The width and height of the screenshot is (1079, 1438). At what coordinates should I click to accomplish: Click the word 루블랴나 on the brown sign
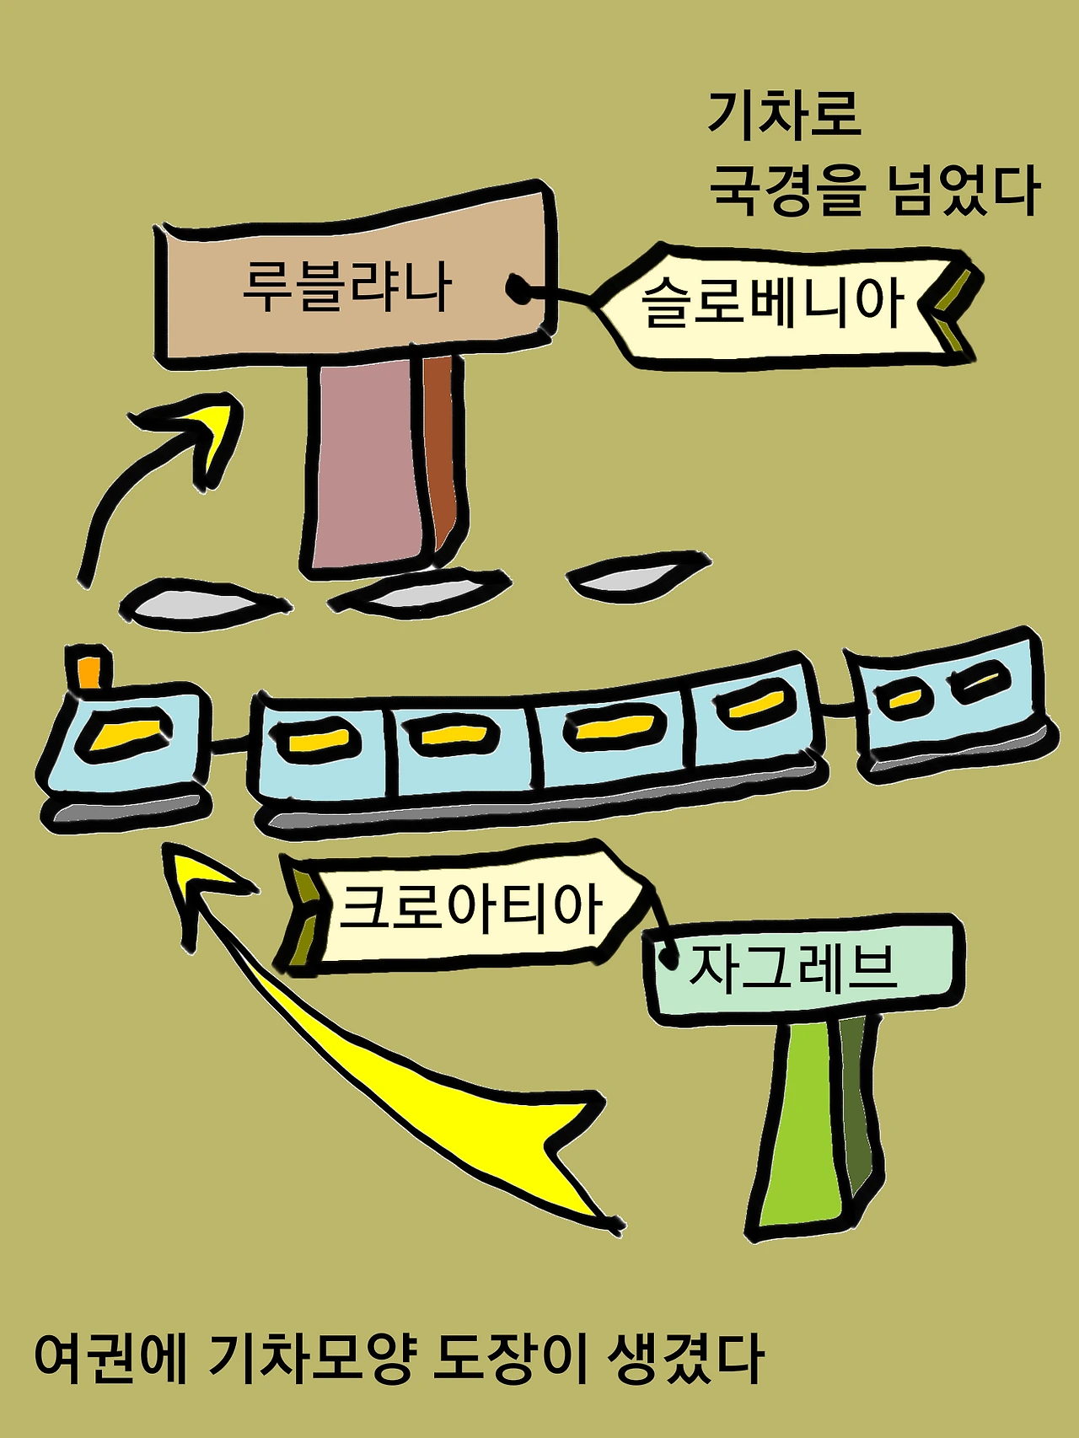click(346, 287)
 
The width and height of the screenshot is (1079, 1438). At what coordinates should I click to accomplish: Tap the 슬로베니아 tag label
click(772, 303)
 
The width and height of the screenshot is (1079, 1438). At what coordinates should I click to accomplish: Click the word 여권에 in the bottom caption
click(110, 1360)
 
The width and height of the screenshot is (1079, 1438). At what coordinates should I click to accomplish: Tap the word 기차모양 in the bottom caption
click(313, 1360)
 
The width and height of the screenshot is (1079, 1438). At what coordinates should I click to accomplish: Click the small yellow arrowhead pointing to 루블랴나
click(215, 430)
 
